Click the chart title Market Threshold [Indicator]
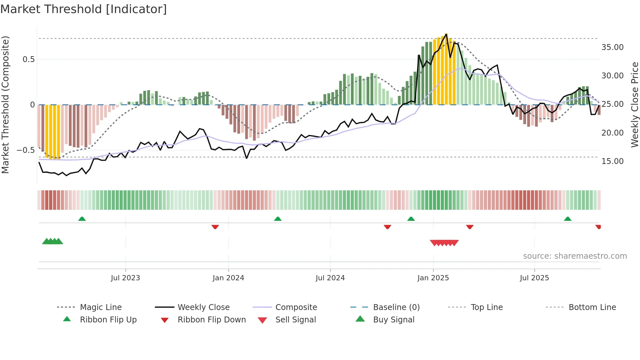pyautogui.click(x=84, y=9)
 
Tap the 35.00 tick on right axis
pyautogui.click(x=612, y=47)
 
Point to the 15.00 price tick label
pyautogui.click(x=612, y=161)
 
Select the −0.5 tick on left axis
pyautogui.click(x=25, y=150)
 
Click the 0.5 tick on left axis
pyautogui.click(x=28, y=59)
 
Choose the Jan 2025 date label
pyautogui.click(x=433, y=278)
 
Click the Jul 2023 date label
pyautogui.click(x=125, y=278)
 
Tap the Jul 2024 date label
pyautogui.click(x=330, y=278)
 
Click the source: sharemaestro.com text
pyautogui.click(x=575, y=256)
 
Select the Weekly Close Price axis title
pyautogui.click(x=634, y=105)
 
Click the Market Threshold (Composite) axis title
pyautogui.click(x=5, y=105)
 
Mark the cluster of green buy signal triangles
pyautogui.click(x=53, y=241)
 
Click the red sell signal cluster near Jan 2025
pyautogui.click(x=444, y=243)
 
